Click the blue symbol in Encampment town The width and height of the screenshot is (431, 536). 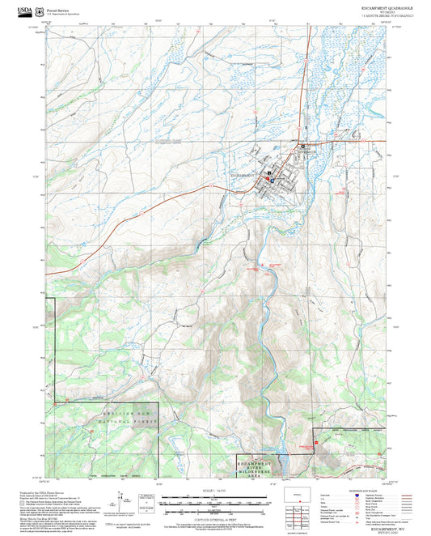click(273, 181)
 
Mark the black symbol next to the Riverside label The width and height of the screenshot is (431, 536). click(302, 145)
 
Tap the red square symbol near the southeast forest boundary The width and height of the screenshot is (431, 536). click(318, 442)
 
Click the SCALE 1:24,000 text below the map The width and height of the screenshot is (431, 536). click(215, 489)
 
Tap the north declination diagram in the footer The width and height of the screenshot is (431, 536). click(147, 499)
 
